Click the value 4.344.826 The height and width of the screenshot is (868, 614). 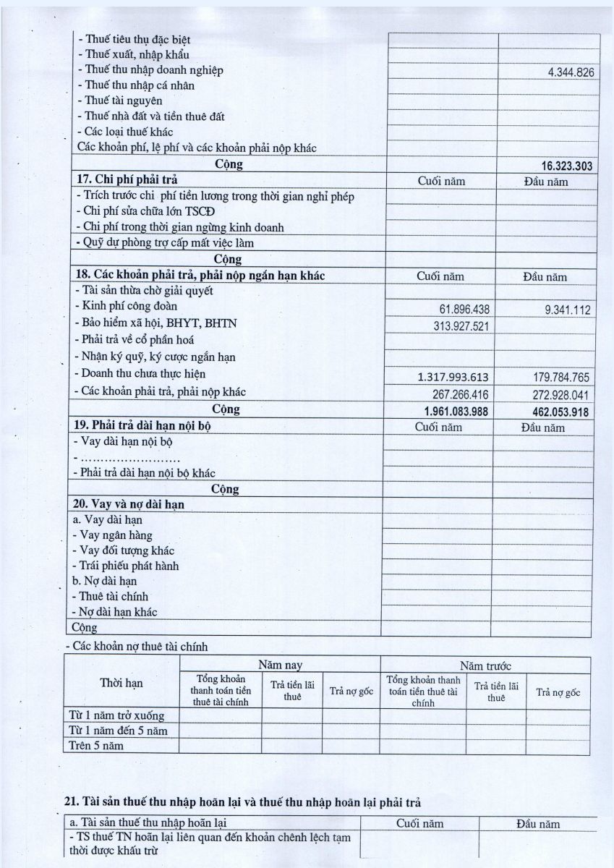click(x=569, y=72)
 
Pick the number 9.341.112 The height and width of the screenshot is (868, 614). click(x=567, y=310)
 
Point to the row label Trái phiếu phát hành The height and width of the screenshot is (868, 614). click(x=127, y=566)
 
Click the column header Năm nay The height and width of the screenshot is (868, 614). click(x=280, y=664)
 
